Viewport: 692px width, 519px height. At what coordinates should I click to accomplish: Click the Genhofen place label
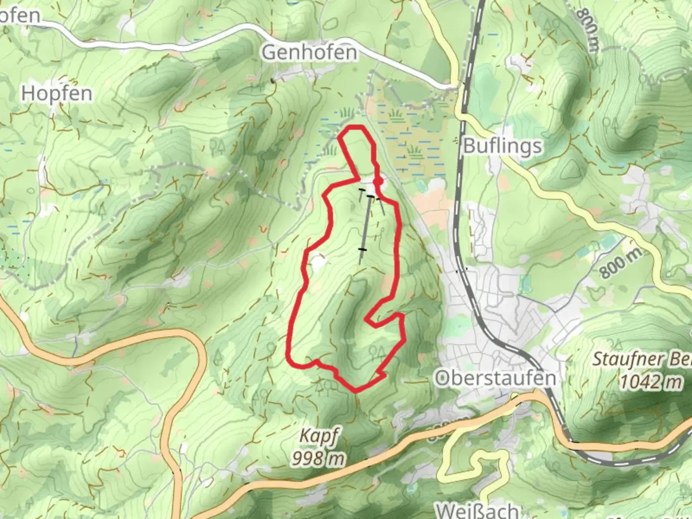[309, 52]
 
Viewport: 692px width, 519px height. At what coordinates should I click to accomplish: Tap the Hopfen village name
[57, 93]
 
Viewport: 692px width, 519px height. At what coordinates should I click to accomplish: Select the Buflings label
[503, 146]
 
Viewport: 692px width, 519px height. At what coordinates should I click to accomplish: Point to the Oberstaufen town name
[495, 378]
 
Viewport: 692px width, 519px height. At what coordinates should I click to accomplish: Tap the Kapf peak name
[319, 436]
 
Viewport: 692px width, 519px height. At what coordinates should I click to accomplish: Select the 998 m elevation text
[318, 459]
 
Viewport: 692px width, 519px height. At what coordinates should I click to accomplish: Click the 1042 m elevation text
[651, 382]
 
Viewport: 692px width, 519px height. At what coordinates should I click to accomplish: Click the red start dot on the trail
[378, 181]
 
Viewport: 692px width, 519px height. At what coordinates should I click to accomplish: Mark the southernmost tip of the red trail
[356, 390]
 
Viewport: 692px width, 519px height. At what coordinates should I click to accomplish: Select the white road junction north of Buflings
[457, 88]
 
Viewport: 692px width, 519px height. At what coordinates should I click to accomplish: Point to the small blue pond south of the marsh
[421, 185]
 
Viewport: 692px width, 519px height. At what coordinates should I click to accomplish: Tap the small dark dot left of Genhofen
[273, 80]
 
